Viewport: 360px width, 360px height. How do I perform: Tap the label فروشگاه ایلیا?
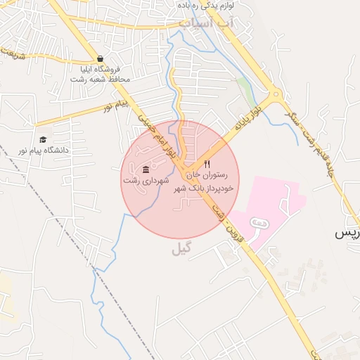click(x=100, y=69)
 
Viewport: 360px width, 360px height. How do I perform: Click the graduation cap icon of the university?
click(x=42, y=139)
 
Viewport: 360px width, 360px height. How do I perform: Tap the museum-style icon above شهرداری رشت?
click(x=146, y=169)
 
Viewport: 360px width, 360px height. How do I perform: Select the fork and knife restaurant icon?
click(x=207, y=164)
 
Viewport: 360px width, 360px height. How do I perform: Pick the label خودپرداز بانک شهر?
click(x=207, y=188)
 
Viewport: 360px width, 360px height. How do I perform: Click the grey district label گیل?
click(x=181, y=249)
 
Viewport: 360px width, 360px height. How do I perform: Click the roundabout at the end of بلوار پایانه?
click(x=276, y=94)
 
